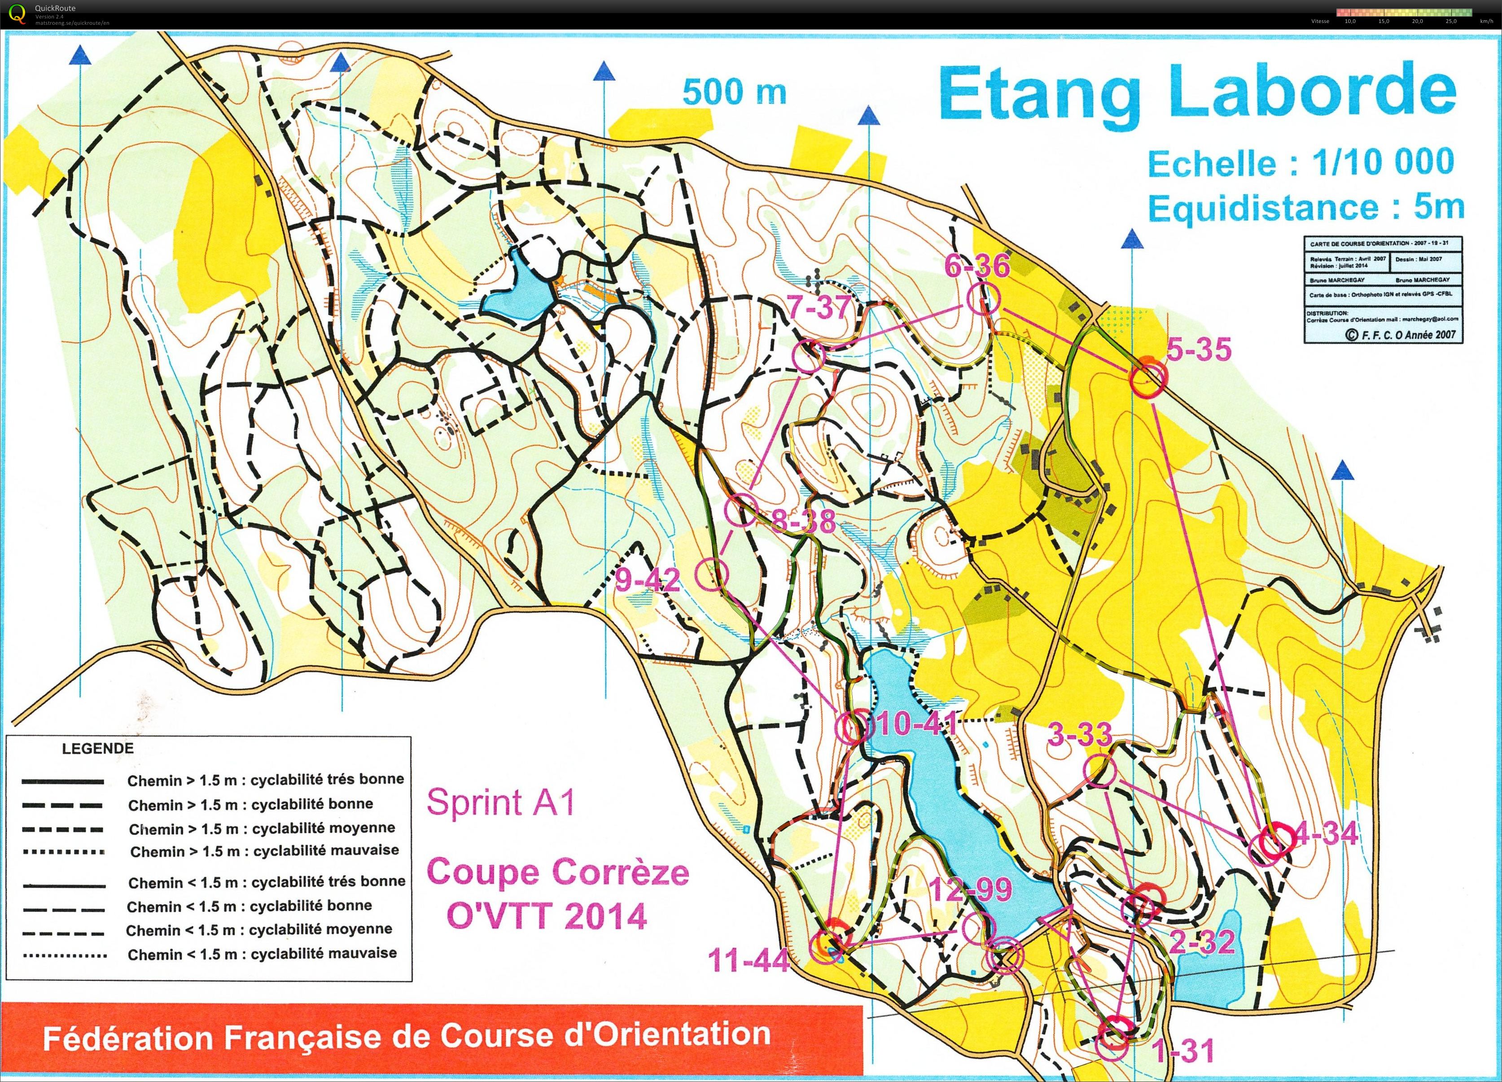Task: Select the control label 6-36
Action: click(x=977, y=266)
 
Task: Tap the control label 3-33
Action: click(x=1079, y=734)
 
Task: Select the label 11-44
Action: click(x=749, y=960)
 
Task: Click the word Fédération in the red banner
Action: click(x=130, y=1038)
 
